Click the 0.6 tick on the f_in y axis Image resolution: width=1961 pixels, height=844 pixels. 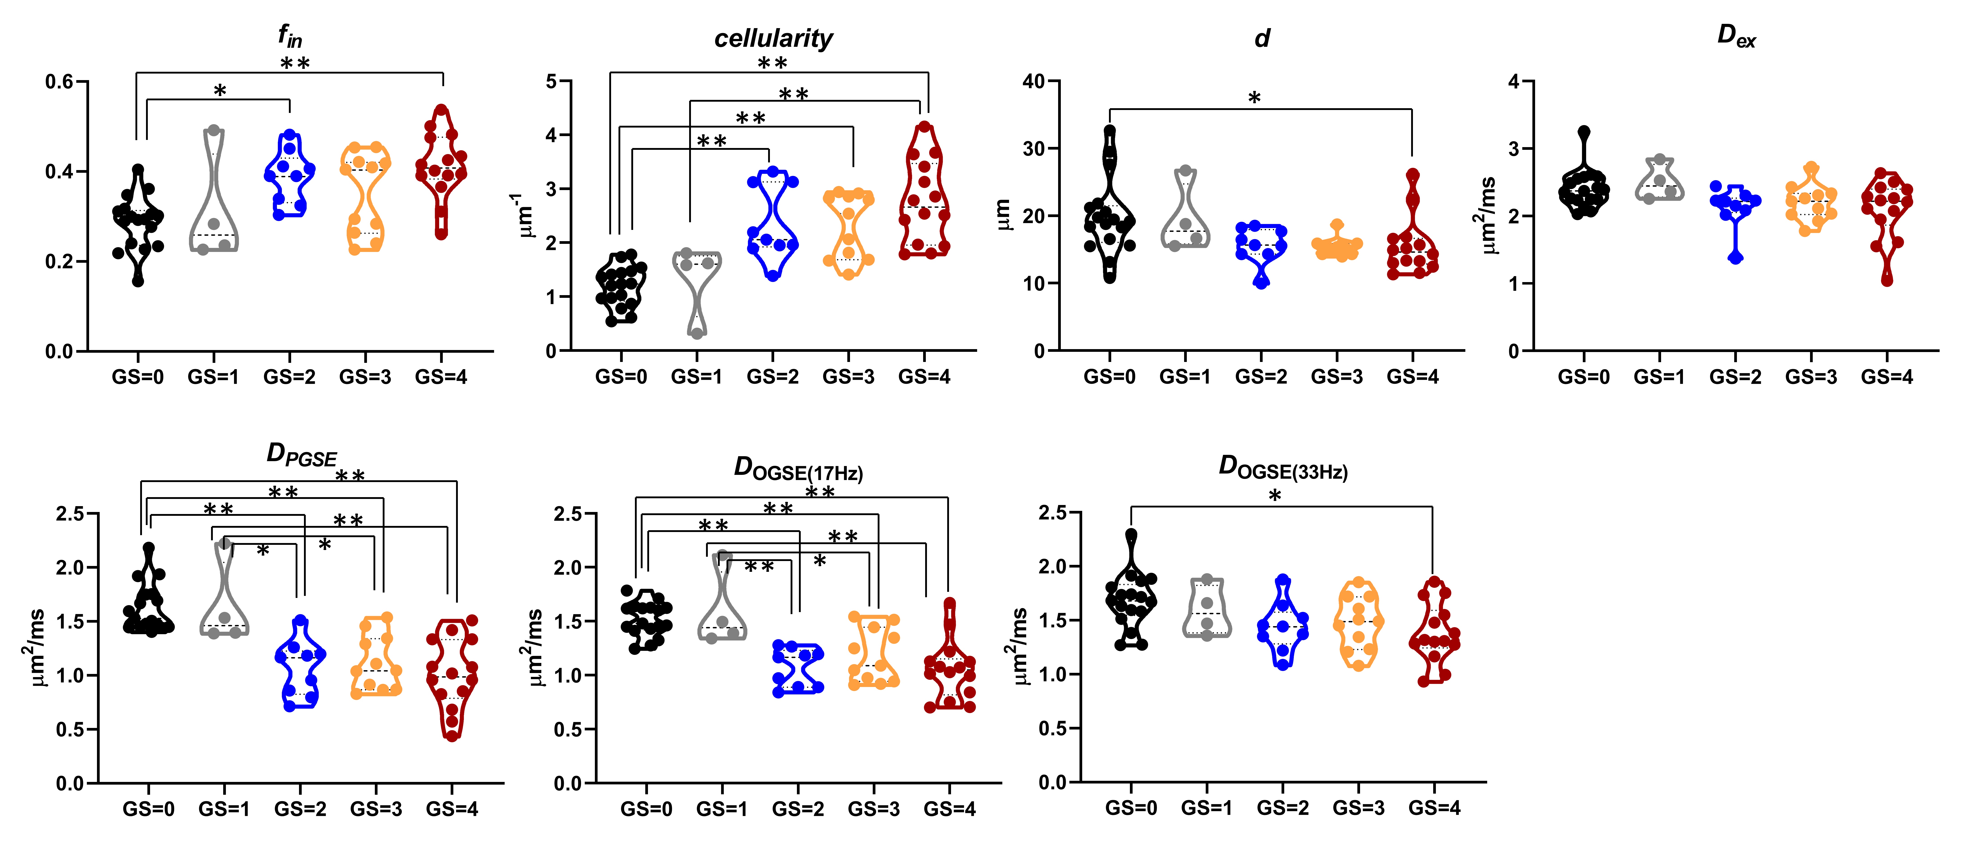click(x=59, y=81)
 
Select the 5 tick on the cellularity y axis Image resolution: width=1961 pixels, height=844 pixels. click(x=551, y=81)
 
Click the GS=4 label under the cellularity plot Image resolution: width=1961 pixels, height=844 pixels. click(x=924, y=377)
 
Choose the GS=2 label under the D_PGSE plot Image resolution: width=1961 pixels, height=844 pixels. click(x=300, y=809)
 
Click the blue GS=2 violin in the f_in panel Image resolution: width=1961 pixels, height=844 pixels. click(x=289, y=175)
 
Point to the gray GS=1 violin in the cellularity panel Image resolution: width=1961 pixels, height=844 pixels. click(x=697, y=289)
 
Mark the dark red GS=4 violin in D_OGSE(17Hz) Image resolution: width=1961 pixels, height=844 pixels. click(x=949, y=662)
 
